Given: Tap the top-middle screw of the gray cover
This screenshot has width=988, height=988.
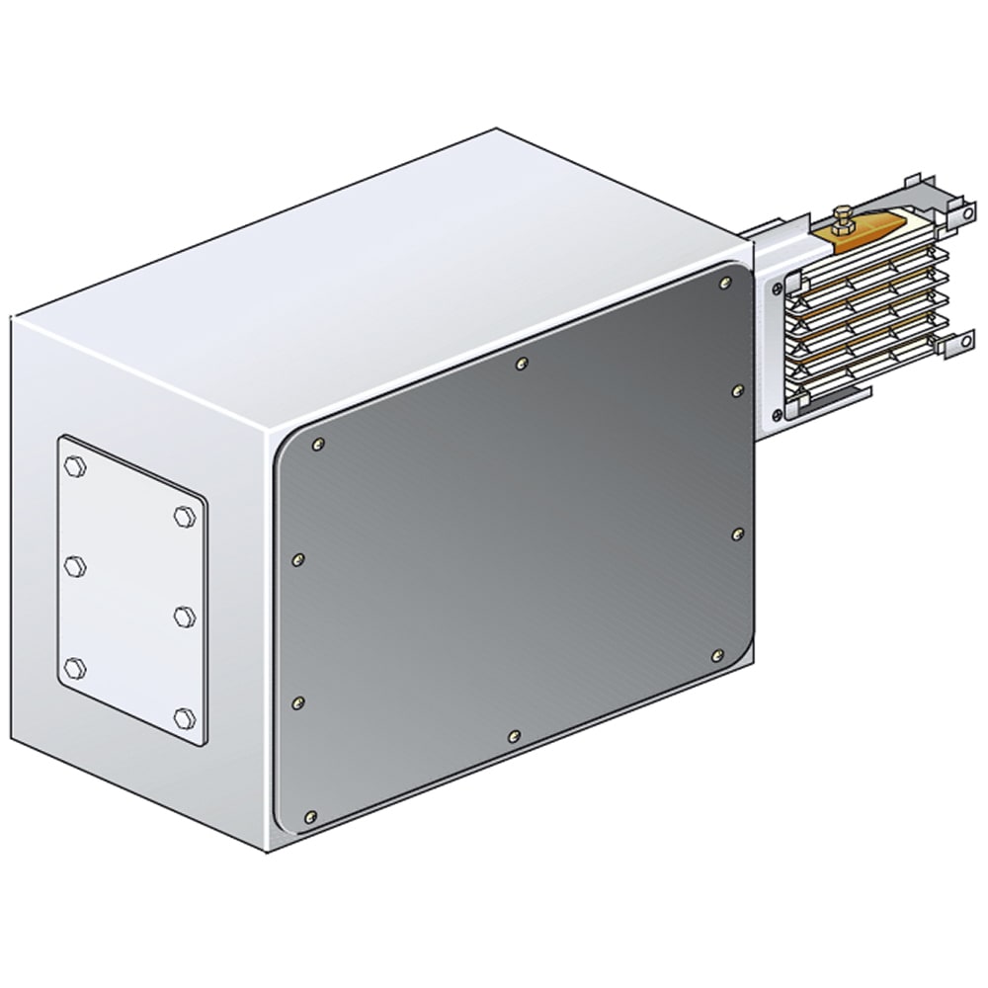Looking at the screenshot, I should tap(522, 364).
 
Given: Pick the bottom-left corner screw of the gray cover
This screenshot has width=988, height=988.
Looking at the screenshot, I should tap(312, 816).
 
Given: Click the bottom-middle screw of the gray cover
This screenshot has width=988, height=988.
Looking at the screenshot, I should tap(512, 735).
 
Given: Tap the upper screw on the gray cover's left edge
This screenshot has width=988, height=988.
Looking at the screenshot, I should tap(299, 560).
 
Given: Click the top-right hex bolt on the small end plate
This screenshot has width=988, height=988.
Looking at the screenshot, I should tap(182, 515).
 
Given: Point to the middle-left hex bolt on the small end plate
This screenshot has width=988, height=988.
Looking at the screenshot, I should tap(74, 565).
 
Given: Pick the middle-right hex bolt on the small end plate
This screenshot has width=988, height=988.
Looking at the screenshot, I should tap(182, 617).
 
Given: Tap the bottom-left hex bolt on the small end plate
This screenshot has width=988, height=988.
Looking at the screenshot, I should tap(74, 666).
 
